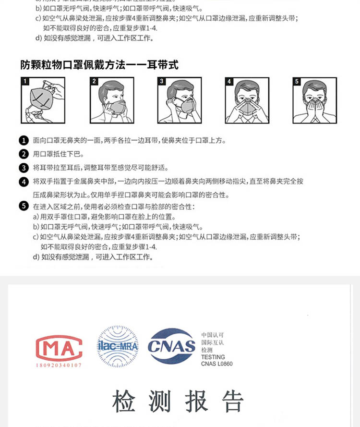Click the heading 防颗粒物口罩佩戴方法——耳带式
pyautogui.click(x=99, y=64)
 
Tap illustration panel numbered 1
pyautogui.click(x=42, y=100)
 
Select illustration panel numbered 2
pyautogui.click(x=111, y=100)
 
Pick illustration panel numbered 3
pyautogui.click(x=179, y=100)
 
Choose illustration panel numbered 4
pyautogui.click(x=247, y=100)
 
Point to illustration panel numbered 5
pyautogui.click(x=314, y=100)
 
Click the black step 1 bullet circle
pyautogui.click(x=24, y=140)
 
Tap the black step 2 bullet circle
pyautogui.click(x=24, y=154)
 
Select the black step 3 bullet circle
pyautogui.click(x=24, y=168)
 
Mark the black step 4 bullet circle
pyautogui.click(x=24, y=182)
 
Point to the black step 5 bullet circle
pyautogui.click(x=24, y=206)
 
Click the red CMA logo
pyautogui.click(x=59, y=347)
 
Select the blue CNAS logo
pyautogui.click(x=171, y=346)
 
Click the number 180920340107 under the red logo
pyautogui.click(x=59, y=366)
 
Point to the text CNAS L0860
pyautogui.click(x=216, y=364)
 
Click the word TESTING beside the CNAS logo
pyautogui.click(x=213, y=357)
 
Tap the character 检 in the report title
pyautogui.click(x=124, y=401)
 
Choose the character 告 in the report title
pyautogui.click(x=232, y=401)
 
